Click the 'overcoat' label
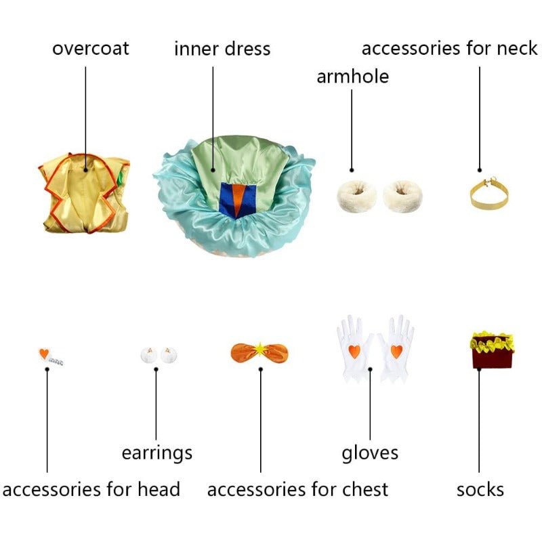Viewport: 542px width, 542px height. (91, 48)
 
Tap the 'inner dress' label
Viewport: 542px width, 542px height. (222, 48)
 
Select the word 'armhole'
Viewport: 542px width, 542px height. (352, 77)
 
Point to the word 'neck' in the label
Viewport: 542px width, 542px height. (517, 47)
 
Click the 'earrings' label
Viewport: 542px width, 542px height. (157, 453)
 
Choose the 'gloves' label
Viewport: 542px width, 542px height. (370, 453)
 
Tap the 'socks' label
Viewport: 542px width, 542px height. (480, 490)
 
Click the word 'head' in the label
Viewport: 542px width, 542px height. (159, 489)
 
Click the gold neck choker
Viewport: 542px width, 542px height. (488, 194)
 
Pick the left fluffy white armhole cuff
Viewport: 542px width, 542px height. (357, 196)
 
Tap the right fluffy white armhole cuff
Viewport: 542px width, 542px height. (402, 196)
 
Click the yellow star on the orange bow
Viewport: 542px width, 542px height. (259, 350)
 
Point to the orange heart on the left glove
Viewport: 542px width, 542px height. (354, 351)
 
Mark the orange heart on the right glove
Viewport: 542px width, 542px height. (396, 351)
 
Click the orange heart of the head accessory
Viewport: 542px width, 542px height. (44, 354)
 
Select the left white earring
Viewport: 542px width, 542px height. (149, 354)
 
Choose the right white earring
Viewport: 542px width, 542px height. (169, 354)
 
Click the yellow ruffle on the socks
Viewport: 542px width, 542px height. (493, 342)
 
